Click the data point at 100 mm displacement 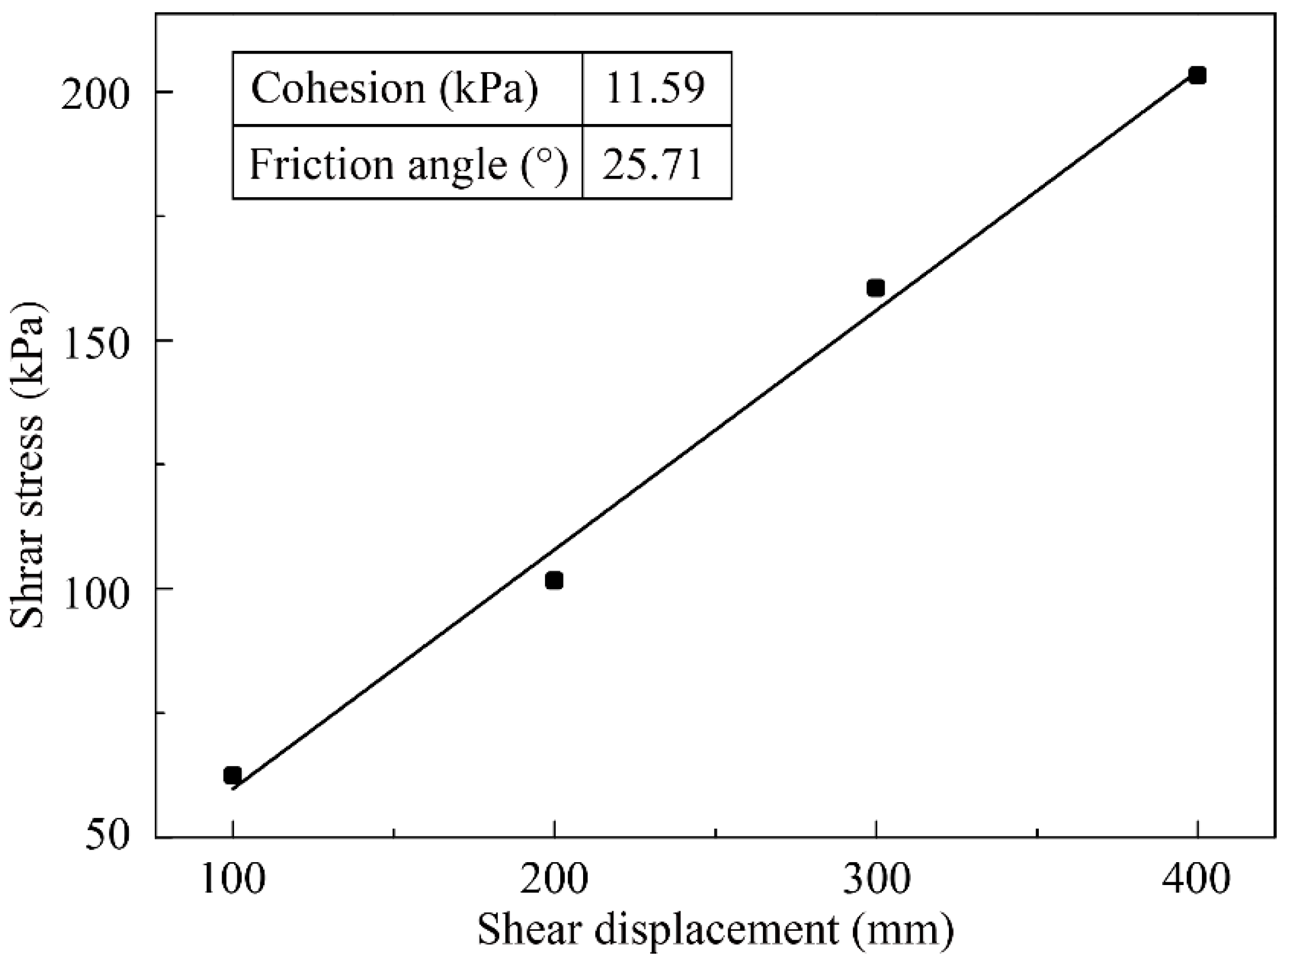tap(232, 776)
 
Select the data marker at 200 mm tap(553, 581)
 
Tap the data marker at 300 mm tap(875, 288)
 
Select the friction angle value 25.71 tap(653, 164)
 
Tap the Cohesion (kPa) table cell tap(394, 89)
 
